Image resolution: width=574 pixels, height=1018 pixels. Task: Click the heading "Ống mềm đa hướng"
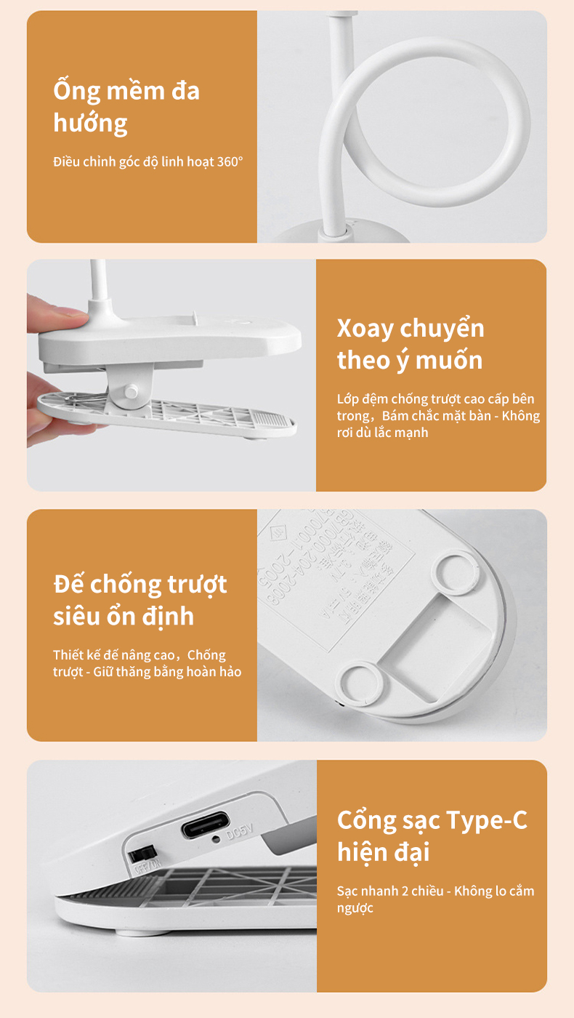pyautogui.click(x=126, y=107)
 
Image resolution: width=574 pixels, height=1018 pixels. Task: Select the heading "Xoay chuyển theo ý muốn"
pyautogui.click(x=411, y=344)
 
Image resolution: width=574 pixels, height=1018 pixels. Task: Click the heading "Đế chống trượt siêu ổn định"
pyautogui.click(x=140, y=600)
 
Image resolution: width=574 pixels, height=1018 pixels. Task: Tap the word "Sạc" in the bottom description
pyautogui.click(x=348, y=891)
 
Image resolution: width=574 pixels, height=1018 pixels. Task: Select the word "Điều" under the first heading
pyautogui.click(x=67, y=161)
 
